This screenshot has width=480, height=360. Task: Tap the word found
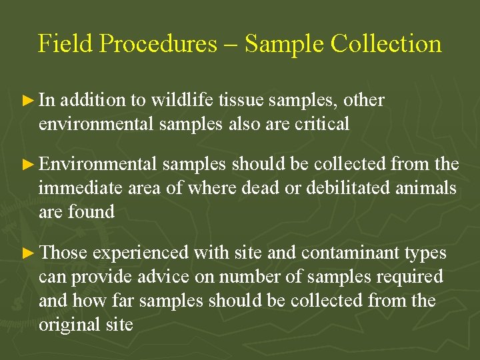pyautogui.click(x=93, y=212)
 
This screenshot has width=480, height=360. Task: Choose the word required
pyautogui.click(x=409, y=277)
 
